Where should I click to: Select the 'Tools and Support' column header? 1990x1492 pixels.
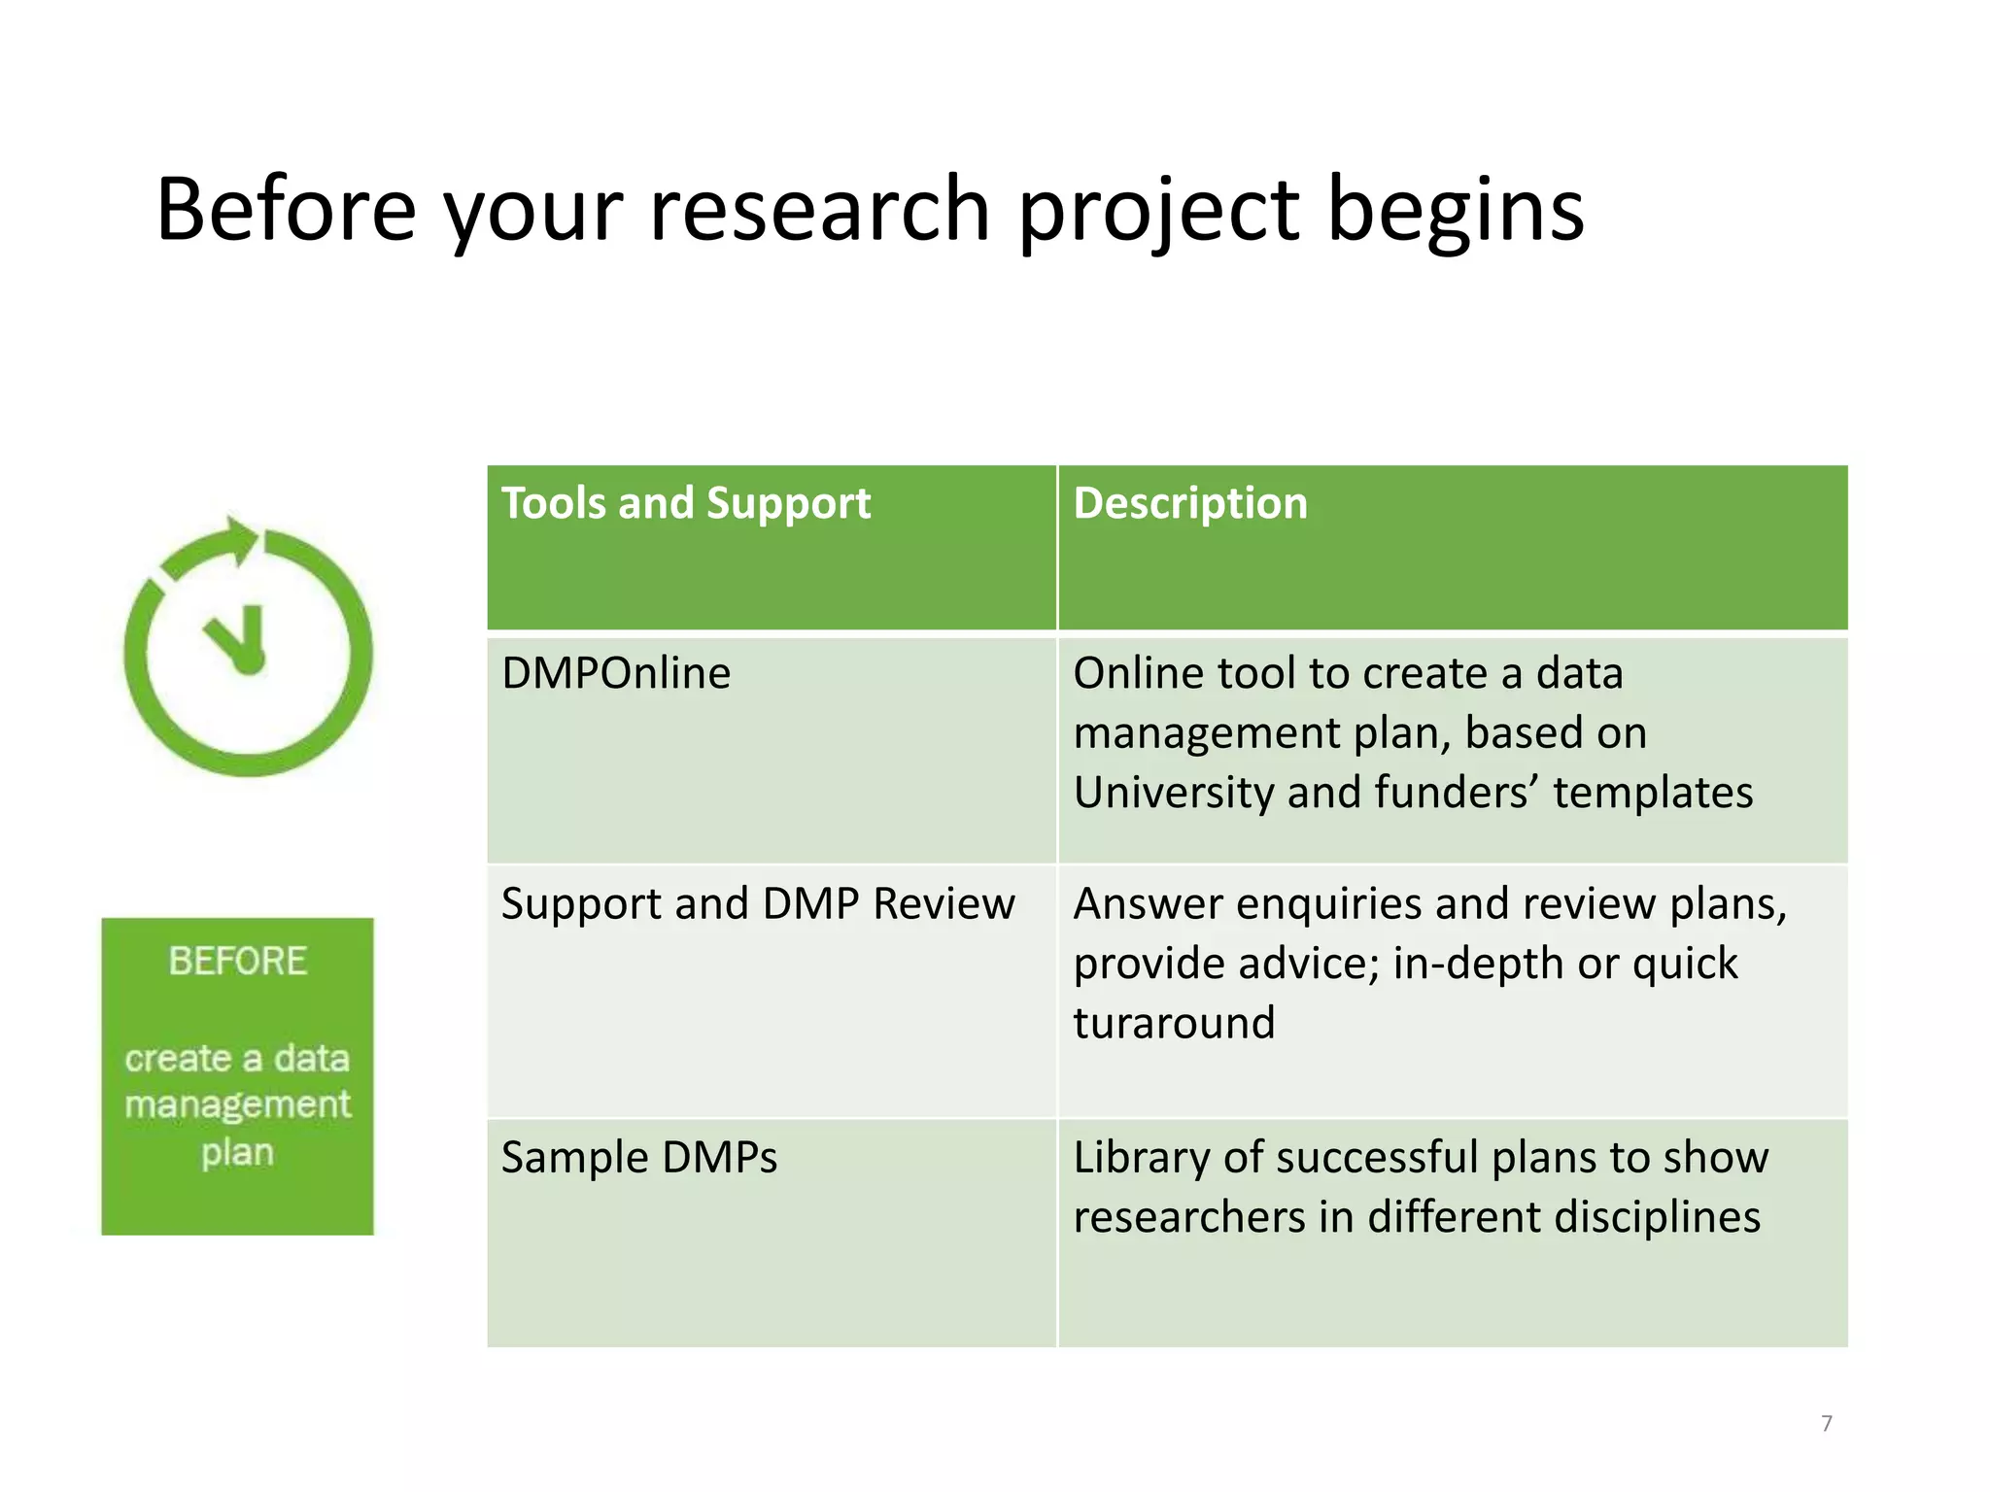(685, 504)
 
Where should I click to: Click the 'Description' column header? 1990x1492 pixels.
(1189, 504)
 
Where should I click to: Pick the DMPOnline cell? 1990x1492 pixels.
(615, 673)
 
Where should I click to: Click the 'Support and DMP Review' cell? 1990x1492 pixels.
(758, 903)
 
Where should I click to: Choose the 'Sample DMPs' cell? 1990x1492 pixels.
(638, 1158)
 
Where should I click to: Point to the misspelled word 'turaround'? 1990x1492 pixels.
(1173, 1023)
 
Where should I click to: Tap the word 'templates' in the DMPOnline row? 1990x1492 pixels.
(1652, 793)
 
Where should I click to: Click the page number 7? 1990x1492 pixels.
(1827, 1424)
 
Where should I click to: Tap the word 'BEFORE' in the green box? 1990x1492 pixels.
(238, 961)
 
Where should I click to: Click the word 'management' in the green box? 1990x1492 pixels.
(238, 1104)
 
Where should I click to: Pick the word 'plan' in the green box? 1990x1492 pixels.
(238, 1153)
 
